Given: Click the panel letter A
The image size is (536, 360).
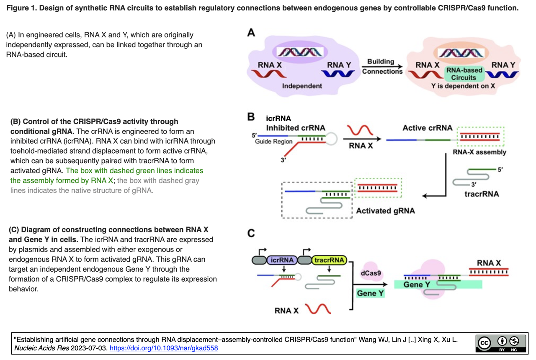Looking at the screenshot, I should point(251,33).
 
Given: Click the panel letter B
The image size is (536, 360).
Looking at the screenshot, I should point(251,117).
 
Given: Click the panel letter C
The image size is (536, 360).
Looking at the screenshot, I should point(251,233).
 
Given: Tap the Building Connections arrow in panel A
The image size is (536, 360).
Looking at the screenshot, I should point(382,67).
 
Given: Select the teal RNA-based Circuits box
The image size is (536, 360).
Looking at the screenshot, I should point(464,74).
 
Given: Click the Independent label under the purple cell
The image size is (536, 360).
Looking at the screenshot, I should point(302,86).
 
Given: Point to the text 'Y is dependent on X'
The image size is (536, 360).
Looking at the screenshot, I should point(464,86).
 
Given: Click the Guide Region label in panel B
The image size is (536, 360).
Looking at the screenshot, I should point(274,141).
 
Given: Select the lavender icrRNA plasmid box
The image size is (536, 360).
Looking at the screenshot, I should point(281,260).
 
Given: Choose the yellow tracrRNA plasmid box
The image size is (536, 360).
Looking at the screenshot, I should point(330,260).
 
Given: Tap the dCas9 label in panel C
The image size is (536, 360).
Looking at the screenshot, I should point(371,273).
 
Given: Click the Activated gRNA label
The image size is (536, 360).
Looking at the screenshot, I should point(385,211).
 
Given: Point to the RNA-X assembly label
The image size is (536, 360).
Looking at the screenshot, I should point(479,152).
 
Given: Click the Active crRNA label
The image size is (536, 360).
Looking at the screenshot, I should point(427,128).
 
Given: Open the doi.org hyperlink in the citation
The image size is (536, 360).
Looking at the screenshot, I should point(164,348).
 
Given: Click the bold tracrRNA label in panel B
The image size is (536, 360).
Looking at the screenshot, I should point(482,194).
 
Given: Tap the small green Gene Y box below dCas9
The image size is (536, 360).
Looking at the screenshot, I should point(370,293).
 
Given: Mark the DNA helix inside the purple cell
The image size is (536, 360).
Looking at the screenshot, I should point(302,52).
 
